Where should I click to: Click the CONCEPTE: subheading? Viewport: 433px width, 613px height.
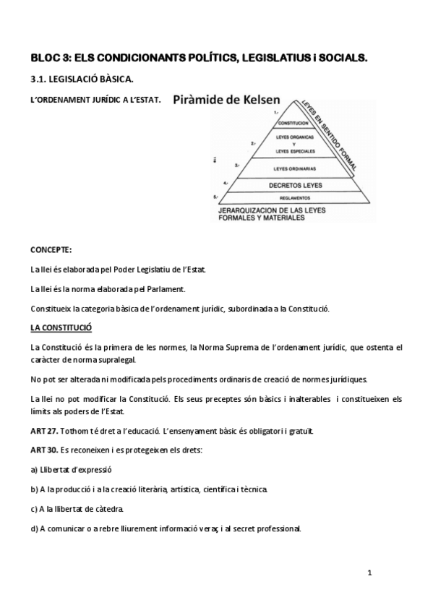(51, 250)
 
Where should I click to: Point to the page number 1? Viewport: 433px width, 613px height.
(369, 573)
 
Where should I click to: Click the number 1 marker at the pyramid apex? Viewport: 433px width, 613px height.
(275, 112)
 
